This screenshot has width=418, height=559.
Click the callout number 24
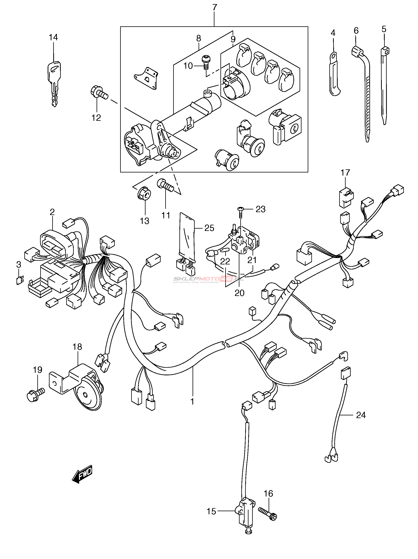tap(361, 415)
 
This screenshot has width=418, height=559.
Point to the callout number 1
tap(192, 401)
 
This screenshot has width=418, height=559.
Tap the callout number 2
tap(52, 212)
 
